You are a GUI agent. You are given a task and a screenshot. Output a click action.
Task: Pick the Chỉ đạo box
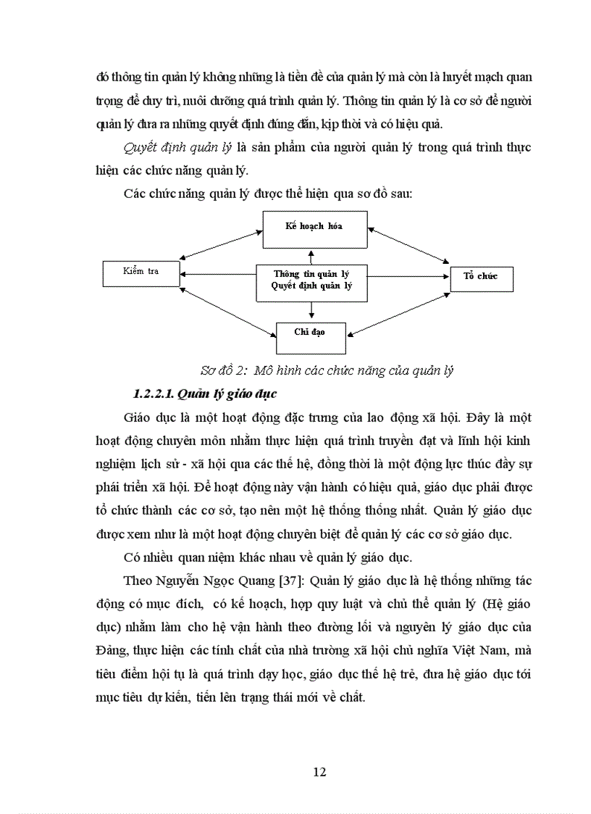(x=310, y=333)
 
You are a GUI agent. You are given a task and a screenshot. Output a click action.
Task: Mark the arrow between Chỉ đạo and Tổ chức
(x=399, y=312)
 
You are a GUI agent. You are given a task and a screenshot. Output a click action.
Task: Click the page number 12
(x=319, y=771)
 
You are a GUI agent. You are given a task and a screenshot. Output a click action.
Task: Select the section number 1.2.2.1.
(x=152, y=394)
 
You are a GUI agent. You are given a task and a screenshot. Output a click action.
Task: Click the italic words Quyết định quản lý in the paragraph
(x=177, y=149)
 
